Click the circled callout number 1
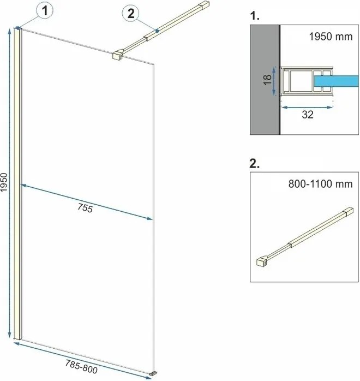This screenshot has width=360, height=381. click(x=45, y=11)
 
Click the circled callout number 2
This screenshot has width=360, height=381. click(x=131, y=13)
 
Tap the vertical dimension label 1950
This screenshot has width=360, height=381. click(x=4, y=182)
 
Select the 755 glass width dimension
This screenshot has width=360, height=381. click(x=85, y=208)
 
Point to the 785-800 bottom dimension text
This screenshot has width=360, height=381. click(x=82, y=367)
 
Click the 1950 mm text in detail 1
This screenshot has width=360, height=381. click(x=331, y=37)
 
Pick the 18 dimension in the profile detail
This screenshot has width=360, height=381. click(x=267, y=80)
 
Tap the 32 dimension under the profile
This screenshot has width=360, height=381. click(x=308, y=115)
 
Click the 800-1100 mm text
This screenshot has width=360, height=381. click(x=320, y=184)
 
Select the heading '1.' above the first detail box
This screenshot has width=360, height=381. click(x=255, y=16)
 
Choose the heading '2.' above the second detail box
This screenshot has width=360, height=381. click(x=254, y=164)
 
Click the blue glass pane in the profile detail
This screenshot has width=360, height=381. click(x=336, y=81)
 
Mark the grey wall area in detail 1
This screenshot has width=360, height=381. click(x=265, y=80)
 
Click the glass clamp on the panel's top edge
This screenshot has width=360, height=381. click(x=118, y=55)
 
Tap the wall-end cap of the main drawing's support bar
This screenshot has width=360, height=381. click(x=204, y=5)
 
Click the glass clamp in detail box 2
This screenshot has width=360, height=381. click(x=262, y=261)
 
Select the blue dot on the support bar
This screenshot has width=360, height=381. click(x=157, y=31)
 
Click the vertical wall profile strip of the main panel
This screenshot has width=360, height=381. click(x=17, y=183)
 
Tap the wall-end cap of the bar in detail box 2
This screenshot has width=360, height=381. click(x=349, y=211)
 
